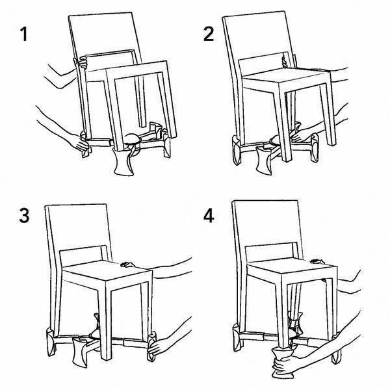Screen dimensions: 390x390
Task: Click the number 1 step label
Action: pyautogui.click(x=23, y=34)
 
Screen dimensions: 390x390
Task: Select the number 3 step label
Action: pyautogui.click(x=24, y=216)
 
